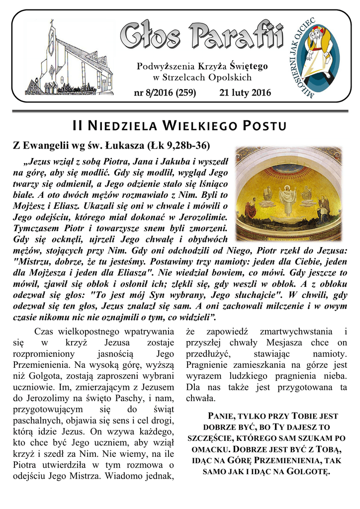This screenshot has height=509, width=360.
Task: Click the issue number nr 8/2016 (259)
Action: pyautogui.click(x=165, y=92)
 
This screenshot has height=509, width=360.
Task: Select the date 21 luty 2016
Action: pyautogui.click(x=245, y=92)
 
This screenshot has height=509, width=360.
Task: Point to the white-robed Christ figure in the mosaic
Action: pyautogui.click(x=287, y=199)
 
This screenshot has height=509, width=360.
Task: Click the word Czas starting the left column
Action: pyautogui.click(x=45, y=332)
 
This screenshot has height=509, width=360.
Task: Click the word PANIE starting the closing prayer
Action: pyautogui.click(x=218, y=416)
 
